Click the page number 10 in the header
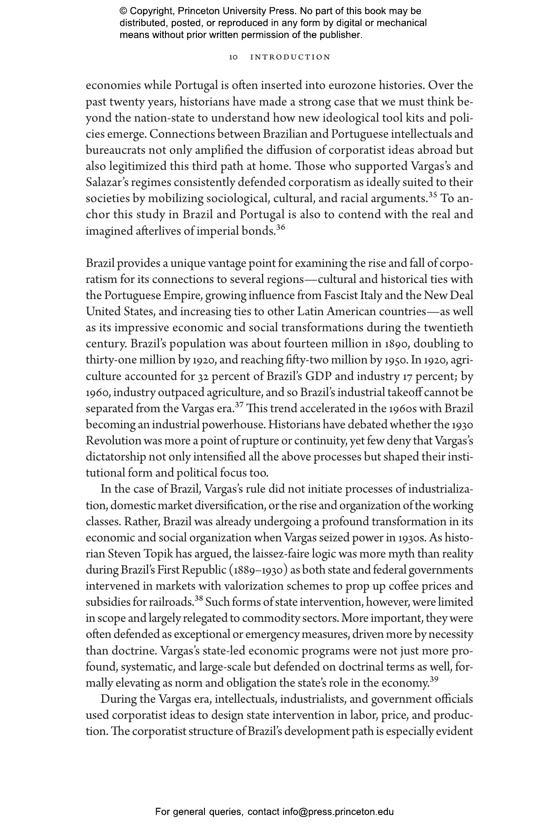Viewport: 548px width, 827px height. coord(233,57)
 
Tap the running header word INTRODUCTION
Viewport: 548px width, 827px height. coord(290,57)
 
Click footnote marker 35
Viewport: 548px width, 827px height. coord(433,195)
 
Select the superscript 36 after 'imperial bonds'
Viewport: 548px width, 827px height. coord(280,227)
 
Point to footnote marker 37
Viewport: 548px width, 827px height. coord(239,405)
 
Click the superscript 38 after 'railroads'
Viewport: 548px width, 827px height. coord(199,598)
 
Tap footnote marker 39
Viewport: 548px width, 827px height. coord(434,679)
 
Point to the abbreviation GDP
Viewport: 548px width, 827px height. coord(319,376)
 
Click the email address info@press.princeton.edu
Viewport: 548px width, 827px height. coord(338,812)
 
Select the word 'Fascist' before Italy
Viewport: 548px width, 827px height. coord(341,296)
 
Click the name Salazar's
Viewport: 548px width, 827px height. coord(106,182)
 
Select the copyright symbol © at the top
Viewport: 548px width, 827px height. coord(123,11)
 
